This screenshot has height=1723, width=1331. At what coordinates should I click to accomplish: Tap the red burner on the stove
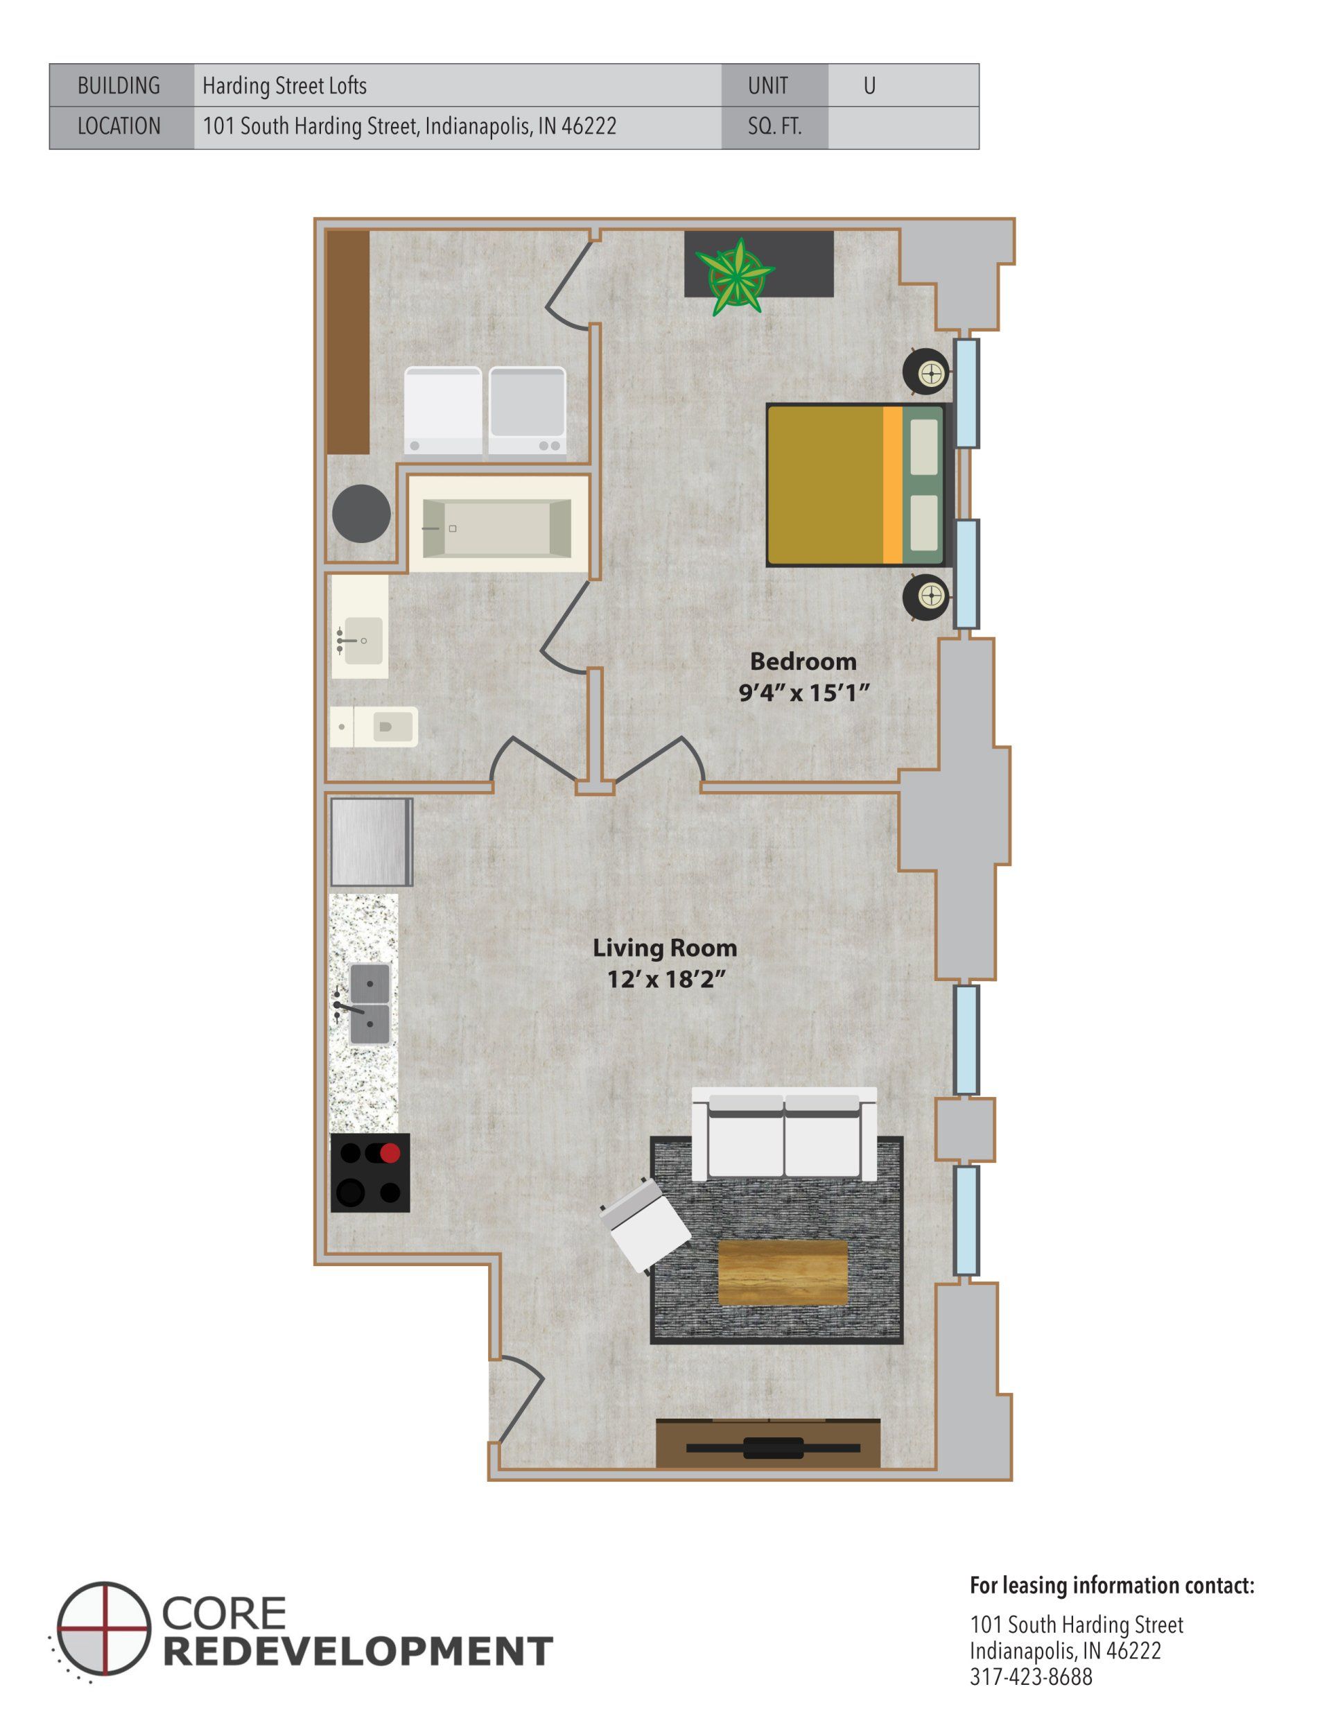tap(390, 1152)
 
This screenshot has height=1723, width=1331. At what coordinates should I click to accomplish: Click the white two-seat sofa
tap(784, 1133)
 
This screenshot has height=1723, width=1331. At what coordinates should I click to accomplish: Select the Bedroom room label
tap(802, 661)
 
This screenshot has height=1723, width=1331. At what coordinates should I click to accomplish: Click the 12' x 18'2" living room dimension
tap(665, 980)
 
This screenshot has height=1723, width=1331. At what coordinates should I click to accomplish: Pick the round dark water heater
tap(361, 514)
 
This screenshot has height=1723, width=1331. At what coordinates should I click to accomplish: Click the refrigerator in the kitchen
tap(371, 841)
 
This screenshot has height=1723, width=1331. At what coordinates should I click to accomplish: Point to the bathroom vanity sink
tap(360, 639)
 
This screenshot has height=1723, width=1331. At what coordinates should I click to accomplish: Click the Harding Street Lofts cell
tap(457, 86)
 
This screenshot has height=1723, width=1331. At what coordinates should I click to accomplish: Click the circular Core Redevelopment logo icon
tap(103, 1627)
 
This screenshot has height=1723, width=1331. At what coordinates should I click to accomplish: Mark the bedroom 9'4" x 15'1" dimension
tap(803, 693)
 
